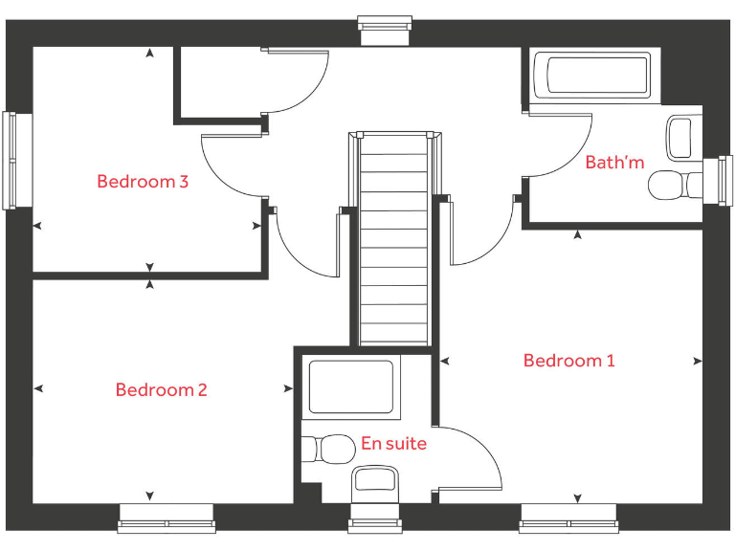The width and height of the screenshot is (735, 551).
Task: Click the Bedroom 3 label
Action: tap(142, 181)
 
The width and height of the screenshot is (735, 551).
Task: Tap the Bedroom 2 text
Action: tap(161, 389)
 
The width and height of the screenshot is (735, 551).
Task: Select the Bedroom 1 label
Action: tap(568, 361)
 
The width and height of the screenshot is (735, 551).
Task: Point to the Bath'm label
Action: tap(614, 163)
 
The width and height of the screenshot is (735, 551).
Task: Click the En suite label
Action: tap(393, 444)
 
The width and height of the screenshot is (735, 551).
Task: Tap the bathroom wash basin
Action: tap(680, 137)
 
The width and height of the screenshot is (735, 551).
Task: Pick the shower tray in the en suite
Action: tap(351, 386)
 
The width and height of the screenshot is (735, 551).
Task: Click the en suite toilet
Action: tap(328, 448)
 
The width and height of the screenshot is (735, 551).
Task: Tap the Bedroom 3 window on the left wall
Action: tap(11, 160)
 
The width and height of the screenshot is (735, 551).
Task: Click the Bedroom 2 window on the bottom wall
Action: tap(167, 524)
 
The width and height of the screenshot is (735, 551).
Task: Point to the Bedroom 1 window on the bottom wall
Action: tap(568, 524)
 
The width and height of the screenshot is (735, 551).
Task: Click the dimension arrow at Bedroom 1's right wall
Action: tap(697, 362)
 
